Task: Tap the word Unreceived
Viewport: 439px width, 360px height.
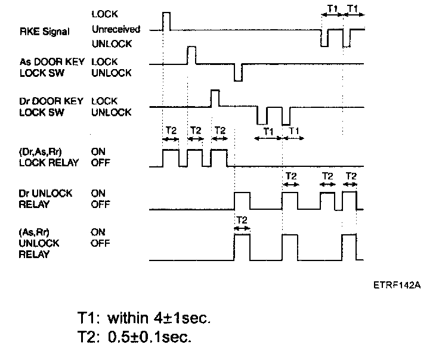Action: [x=116, y=29]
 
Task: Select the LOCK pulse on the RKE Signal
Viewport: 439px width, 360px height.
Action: [x=166, y=20]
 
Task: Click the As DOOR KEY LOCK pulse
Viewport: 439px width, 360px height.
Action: [x=191, y=54]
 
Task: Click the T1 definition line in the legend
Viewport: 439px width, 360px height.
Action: [x=143, y=317]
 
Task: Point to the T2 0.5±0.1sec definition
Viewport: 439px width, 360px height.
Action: [x=134, y=337]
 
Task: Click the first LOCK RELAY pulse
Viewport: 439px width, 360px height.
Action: [x=171, y=158]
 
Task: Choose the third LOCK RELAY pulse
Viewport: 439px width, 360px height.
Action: [x=219, y=158]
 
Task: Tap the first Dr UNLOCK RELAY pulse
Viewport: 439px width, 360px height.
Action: [x=242, y=201]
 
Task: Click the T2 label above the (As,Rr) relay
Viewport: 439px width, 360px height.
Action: [x=242, y=220]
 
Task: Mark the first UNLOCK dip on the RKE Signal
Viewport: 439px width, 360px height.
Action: [x=324, y=38]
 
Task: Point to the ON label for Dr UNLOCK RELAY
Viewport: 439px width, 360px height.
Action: [x=98, y=193]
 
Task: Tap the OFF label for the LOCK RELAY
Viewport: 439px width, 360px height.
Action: [x=99, y=162]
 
